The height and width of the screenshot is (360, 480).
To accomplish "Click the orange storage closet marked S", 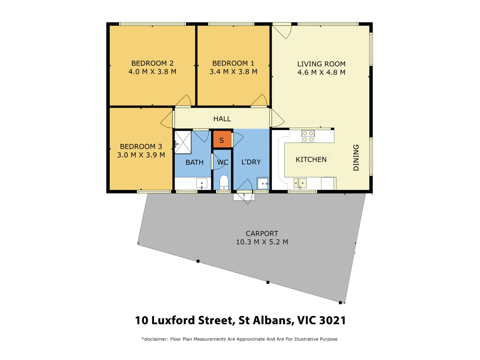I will (x=222, y=139).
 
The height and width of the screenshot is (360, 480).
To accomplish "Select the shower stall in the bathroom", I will (x=183, y=142).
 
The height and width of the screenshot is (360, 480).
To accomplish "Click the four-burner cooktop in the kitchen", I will (x=308, y=136).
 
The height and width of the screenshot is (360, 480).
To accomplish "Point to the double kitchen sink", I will (x=300, y=183).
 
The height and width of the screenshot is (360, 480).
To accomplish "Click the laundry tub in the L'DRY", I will (x=263, y=183).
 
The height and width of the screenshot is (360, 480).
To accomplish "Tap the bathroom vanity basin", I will (x=202, y=183).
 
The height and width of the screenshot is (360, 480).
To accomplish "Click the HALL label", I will (x=222, y=119).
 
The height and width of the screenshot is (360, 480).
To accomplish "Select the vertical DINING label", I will (x=356, y=158).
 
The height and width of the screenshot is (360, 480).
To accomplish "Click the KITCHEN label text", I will (x=311, y=160).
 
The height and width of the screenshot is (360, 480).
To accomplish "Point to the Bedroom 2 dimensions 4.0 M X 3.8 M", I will (x=152, y=72).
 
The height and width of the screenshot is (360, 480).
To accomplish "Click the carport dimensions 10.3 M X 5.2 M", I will (x=262, y=242).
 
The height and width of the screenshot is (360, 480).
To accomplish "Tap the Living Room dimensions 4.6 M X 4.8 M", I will (x=321, y=72).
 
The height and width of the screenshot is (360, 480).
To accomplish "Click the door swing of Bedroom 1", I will (x=260, y=101).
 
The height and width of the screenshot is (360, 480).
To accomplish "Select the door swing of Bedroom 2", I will (x=184, y=101).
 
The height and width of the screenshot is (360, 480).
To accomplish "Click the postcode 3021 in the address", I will (x=332, y=320).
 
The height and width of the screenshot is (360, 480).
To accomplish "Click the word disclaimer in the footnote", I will (x=156, y=339).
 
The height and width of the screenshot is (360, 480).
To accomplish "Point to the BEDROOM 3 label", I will (x=141, y=147).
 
